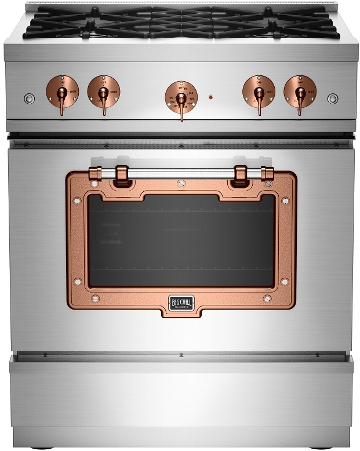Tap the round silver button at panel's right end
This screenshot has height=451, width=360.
click(332, 99)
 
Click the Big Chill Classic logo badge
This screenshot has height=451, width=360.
click(181, 303)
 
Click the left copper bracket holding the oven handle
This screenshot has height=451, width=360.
click(122, 174)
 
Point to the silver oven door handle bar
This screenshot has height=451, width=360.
click(181, 172)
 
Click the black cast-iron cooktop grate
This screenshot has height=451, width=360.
click(181, 20)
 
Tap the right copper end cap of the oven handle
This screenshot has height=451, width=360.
click(267, 172)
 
